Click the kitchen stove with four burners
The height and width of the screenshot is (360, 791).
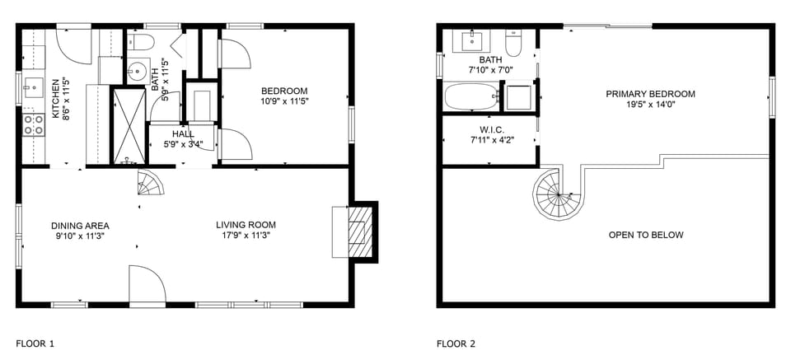tap(34, 124)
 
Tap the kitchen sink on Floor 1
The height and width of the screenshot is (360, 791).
tap(34, 85)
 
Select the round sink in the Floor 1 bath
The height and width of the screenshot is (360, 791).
tap(138, 69)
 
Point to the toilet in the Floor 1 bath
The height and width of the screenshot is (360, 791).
tap(141, 43)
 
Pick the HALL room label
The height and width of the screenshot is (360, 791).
tap(183, 134)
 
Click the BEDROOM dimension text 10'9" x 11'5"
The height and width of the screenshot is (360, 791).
tap(284, 101)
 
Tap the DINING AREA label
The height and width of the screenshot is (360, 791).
tap(80, 225)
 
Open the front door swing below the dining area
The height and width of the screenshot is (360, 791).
tap(146, 285)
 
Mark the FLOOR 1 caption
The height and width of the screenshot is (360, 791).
tap(35, 344)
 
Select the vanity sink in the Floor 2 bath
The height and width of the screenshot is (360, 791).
tap(475, 40)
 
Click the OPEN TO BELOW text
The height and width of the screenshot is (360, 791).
tap(646, 235)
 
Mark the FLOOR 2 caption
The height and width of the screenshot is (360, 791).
tap(456, 344)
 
